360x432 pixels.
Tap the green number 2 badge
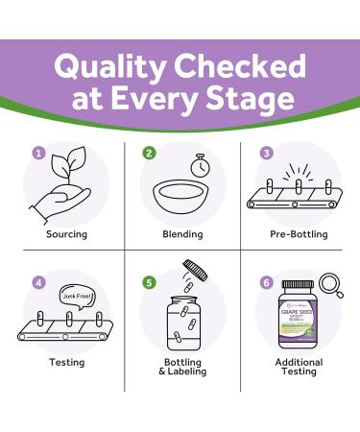pos(149,153)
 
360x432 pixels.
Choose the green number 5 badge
pos(149,284)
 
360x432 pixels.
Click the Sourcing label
pos(67,233)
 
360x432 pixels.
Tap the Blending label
pos(181,233)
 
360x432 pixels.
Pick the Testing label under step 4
pos(67,362)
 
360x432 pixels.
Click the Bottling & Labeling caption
pos(181,369)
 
